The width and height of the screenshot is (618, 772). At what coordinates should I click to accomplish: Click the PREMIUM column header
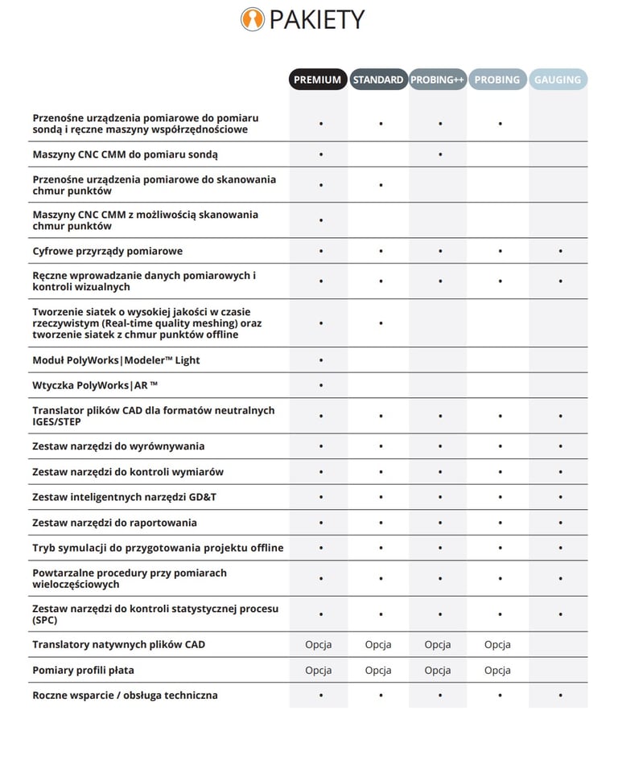(x=318, y=80)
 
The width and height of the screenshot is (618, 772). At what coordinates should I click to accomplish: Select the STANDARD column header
(x=378, y=80)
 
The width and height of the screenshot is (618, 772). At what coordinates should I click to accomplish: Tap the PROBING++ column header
(x=438, y=80)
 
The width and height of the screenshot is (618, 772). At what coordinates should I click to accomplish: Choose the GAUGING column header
(x=558, y=80)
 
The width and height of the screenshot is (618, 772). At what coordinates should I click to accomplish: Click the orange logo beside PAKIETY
(x=253, y=19)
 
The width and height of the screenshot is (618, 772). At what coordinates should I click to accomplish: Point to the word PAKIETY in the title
(x=317, y=19)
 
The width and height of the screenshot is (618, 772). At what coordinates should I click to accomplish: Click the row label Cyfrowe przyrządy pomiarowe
(x=107, y=251)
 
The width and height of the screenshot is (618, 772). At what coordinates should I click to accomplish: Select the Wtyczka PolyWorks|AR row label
(x=95, y=385)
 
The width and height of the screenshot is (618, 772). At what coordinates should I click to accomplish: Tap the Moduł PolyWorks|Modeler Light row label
(x=116, y=360)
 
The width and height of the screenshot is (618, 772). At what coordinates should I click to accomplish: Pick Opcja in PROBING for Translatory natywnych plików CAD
(x=497, y=644)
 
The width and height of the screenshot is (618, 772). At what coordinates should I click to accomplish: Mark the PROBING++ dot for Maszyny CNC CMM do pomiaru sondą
(x=440, y=154)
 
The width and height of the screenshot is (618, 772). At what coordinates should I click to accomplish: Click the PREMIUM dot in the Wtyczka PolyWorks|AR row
(x=321, y=385)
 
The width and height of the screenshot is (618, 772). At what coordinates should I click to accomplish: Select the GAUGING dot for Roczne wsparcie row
(x=560, y=695)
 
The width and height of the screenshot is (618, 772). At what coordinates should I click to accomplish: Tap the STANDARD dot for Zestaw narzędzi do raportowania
(x=381, y=523)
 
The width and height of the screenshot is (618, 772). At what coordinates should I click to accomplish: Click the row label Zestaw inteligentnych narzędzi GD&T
(x=124, y=497)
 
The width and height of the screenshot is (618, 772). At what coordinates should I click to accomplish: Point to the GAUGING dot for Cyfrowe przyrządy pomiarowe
(x=560, y=251)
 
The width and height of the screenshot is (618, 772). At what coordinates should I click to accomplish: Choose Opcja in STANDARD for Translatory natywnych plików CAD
(x=378, y=644)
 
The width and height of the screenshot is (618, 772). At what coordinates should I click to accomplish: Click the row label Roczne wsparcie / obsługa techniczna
(x=125, y=695)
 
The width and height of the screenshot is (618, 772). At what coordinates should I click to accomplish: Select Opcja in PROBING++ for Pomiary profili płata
(x=438, y=670)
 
